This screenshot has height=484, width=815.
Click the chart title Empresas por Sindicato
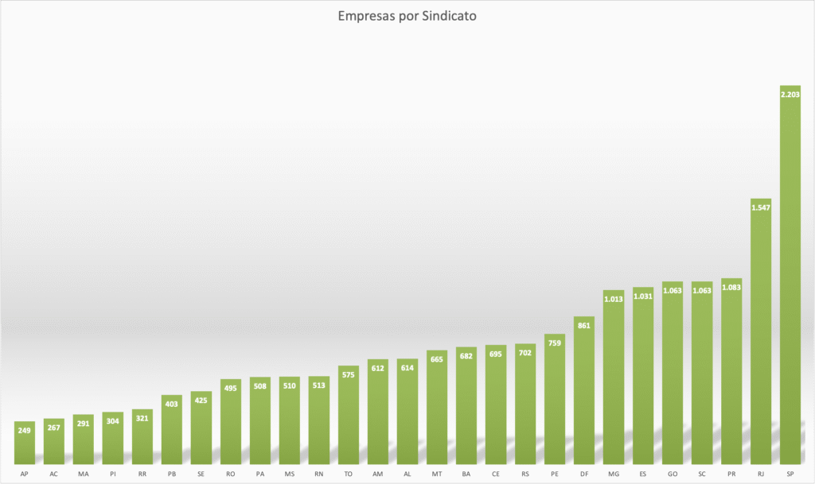(x=407, y=15)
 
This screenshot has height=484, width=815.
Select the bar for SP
(x=790, y=278)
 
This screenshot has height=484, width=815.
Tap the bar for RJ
(x=761, y=334)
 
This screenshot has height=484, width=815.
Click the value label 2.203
(x=790, y=95)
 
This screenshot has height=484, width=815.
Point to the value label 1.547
(x=761, y=207)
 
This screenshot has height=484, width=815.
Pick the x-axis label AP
(x=25, y=474)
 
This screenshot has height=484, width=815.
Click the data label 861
(x=584, y=326)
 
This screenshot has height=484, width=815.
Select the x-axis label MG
(x=614, y=474)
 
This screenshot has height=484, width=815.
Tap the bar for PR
(x=731, y=374)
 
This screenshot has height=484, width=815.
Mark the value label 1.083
(x=731, y=287)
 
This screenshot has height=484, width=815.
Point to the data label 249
(x=25, y=430)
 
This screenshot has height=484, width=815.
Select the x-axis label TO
(x=349, y=474)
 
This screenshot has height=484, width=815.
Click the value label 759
(x=555, y=343)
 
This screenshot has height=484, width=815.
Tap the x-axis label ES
(x=643, y=474)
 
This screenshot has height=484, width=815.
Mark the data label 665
(x=437, y=359)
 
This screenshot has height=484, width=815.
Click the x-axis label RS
(x=525, y=474)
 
